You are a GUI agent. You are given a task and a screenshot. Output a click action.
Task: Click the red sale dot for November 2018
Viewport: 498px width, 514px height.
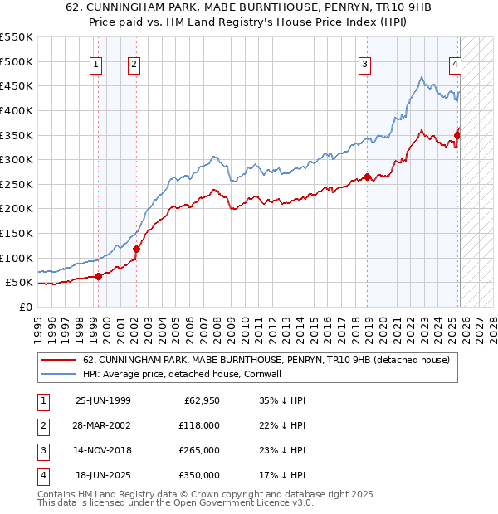(367, 177)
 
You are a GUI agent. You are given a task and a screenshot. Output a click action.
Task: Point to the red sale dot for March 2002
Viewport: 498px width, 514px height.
(136, 249)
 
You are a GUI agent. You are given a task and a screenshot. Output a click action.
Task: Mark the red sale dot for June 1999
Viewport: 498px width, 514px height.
(99, 276)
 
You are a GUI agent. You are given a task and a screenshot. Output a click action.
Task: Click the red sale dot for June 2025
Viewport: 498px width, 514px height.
(457, 135)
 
